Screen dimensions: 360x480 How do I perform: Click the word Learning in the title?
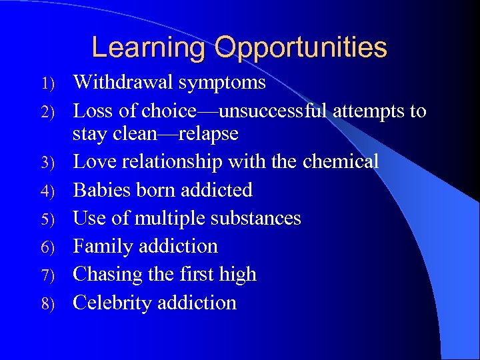(149, 48)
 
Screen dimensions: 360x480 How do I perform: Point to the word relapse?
(207, 134)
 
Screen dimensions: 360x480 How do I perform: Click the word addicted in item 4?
(216, 190)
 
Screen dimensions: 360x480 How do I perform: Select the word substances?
(260, 218)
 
